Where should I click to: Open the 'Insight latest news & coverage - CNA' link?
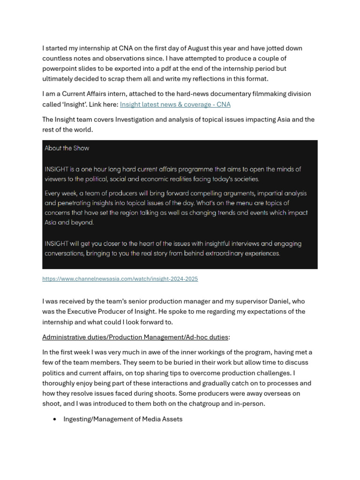point(175,105)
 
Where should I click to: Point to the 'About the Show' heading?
point(67,148)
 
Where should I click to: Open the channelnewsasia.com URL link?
point(120,279)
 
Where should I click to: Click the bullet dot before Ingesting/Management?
point(55,420)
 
